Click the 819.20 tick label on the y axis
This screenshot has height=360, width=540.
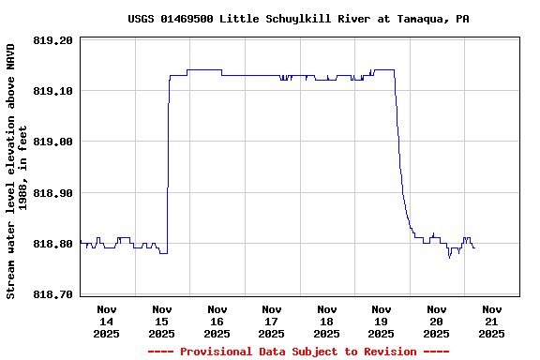(x=52, y=40)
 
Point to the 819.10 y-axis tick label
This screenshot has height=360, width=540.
(x=52, y=91)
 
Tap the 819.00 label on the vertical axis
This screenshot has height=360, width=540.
(x=52, y=142)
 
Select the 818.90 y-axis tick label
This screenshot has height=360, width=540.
(x=52, y=192)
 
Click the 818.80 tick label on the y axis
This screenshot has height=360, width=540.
(x=52, y=244)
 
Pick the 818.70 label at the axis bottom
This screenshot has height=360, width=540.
(x=52, y=294)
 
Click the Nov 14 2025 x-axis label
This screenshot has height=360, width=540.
(x=107, y=321)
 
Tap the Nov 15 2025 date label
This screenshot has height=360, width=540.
(x=162, y=321)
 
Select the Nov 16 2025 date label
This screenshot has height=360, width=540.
(x=217, y=321)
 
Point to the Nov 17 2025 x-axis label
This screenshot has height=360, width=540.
(x=272, y=321)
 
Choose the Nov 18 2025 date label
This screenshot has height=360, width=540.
(x=326, y=321)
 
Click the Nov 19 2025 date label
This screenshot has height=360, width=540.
(x=382, y=321)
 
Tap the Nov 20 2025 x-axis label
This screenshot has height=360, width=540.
(x=436, y=321)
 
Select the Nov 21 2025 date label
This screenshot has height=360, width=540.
(x=491, y=321)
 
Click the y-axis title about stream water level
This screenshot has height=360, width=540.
(x=18, y=171)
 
